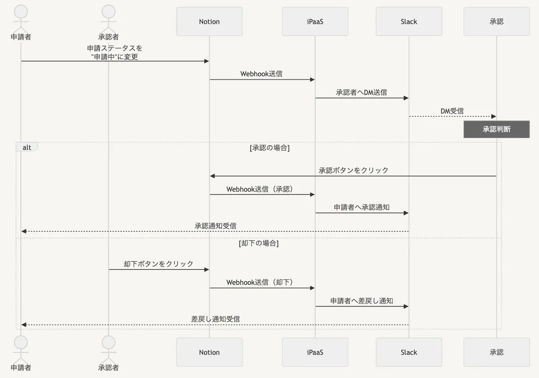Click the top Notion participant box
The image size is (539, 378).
209,21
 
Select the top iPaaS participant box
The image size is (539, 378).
315,21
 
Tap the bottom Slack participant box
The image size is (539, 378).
409,352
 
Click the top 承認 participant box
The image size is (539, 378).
496,21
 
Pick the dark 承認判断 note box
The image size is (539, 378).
496,129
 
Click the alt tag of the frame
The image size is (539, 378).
27,147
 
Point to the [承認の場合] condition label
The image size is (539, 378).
270,148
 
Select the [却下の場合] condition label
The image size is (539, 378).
259,244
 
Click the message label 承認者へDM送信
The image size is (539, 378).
361,92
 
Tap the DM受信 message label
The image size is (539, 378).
452,111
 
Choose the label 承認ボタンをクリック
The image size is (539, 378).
353,170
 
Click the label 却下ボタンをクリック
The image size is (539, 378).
158,264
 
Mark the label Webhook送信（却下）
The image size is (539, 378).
262,283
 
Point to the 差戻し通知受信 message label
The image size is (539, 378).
215,319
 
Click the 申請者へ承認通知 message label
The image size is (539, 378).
361,207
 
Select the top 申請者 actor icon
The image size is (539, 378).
20,18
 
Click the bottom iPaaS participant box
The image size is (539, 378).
315,352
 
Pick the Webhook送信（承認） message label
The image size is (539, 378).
262,189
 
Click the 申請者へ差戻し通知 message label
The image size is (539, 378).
361,301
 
